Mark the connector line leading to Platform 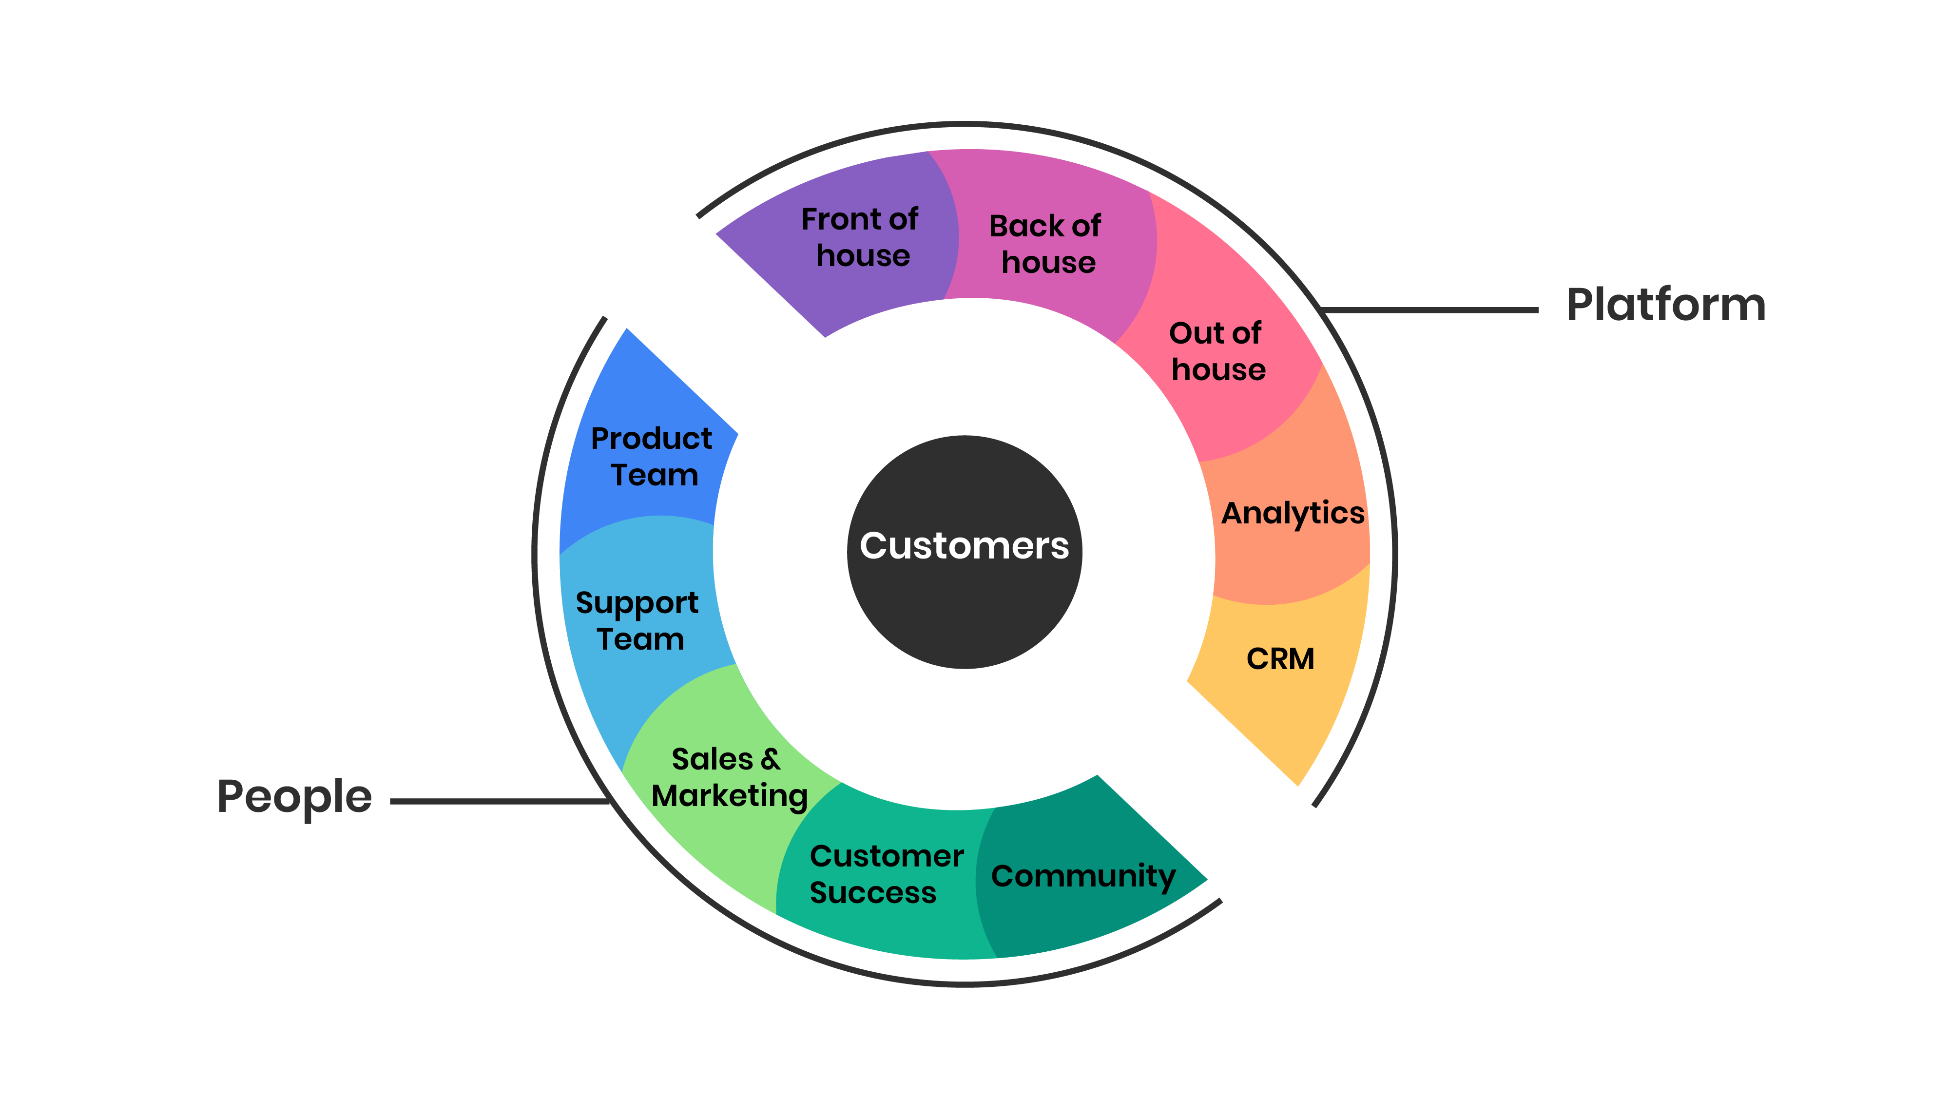click(x=1431, y=309)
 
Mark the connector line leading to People click(x=500, y=801)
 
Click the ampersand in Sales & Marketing click(x=771, y=759)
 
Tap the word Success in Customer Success click(x=873, y=893)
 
